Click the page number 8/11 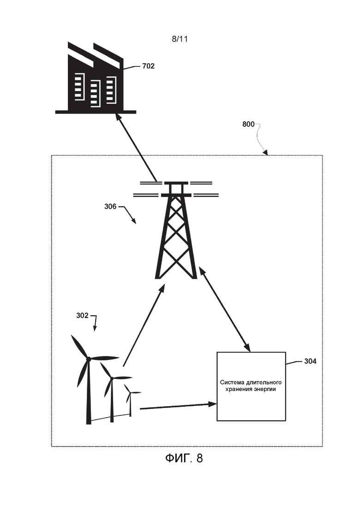click(180, 39)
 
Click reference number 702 click(148, 66)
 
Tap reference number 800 click(248, 124)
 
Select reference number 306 click(110, 206)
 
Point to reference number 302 click(82, 316)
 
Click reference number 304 click(310, 361)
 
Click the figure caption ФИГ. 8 click(184, 458)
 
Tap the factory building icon click(96, 78)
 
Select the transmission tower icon click(176, 230)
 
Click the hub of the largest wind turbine click(88, 359)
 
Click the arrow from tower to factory click(137, 148)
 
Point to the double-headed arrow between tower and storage click(224, 309)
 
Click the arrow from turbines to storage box click(178, 406)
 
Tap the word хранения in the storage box click(239, 389)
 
